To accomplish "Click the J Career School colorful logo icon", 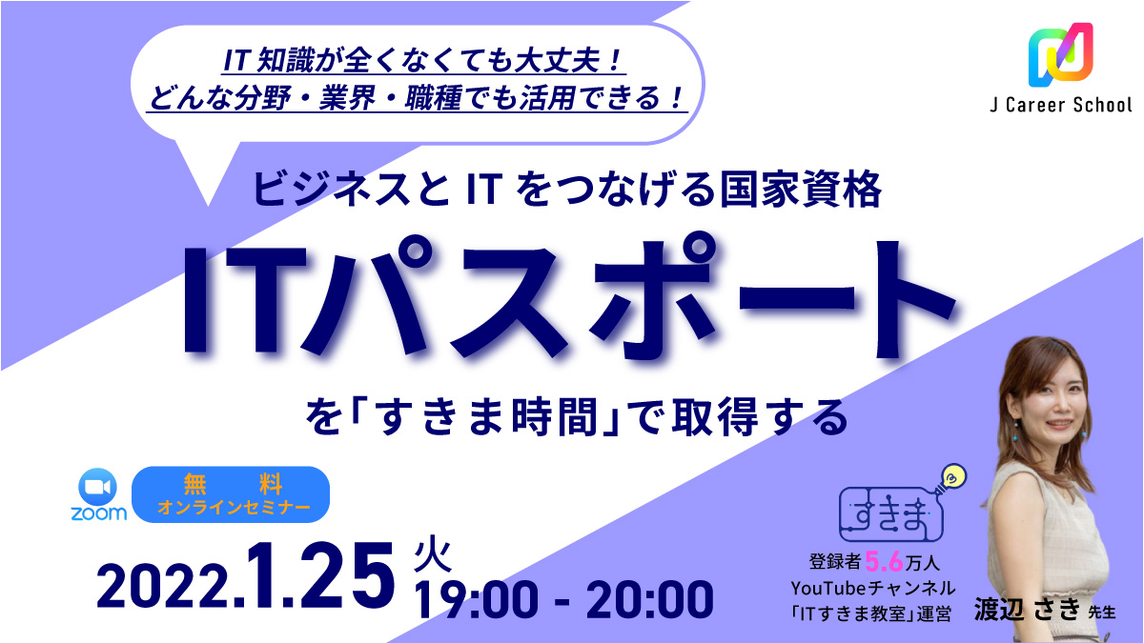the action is point(1060,54).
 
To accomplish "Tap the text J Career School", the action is point(1061,105).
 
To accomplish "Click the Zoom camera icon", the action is point(97,488).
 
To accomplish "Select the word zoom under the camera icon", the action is point(98,513).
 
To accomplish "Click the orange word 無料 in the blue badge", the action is point(233,484).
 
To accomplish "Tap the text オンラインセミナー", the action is point(234,507).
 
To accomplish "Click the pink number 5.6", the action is point(884,562).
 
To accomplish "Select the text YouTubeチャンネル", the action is point(873,589).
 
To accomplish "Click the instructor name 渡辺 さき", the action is point(1027,610).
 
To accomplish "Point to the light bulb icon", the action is point(951,478).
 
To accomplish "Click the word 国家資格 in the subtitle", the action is point(800,190).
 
